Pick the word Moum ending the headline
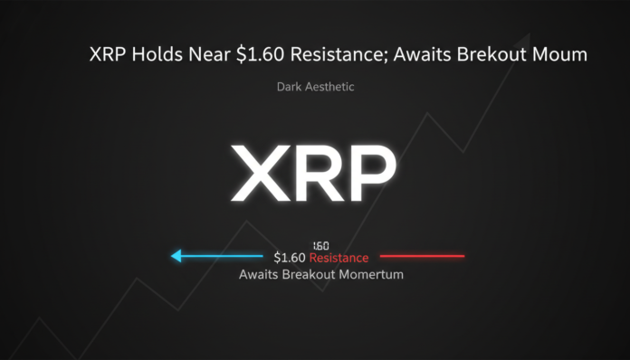click(x=563, y=55)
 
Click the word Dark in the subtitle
click(x=288, y=88)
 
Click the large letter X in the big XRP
click(x=262, y=172)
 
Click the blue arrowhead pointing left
click(x=177, y=256)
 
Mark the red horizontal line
click(x=422, y=256)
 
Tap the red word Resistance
click(x=339, y=258)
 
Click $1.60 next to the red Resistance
click(x=290, y=258)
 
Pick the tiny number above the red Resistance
click(x=320, y=245)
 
